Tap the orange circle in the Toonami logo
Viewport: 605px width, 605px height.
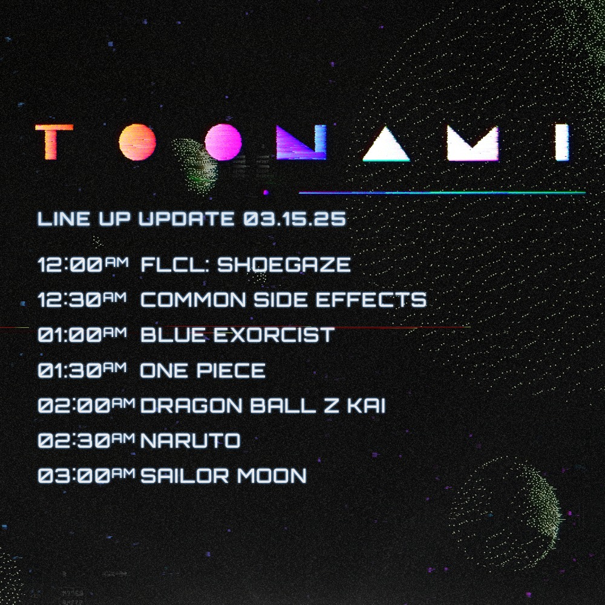[137, 142]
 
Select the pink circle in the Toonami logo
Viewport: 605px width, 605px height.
[223, 142]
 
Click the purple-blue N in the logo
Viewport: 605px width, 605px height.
[301, 142]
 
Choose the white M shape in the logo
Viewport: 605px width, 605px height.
[473, 143]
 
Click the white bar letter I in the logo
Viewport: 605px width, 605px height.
[562, 142]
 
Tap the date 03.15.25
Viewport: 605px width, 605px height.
[295, 219]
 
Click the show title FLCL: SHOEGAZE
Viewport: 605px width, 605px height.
[246, 265]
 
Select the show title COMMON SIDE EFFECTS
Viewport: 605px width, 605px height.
[284, 300]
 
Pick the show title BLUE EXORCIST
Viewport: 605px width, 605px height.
[237, 335]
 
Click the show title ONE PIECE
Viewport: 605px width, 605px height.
[203, 370]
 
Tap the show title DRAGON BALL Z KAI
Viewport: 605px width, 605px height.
[263, 405]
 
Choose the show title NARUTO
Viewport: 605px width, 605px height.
[191, 440]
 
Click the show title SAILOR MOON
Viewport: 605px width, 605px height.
[224, 476]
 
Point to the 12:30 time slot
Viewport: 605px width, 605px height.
[82, 299]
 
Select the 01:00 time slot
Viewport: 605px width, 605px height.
[82, 335]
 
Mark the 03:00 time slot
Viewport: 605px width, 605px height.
[87, 476]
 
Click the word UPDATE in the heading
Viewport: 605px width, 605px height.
[186, 219]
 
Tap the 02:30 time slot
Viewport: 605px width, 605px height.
[87, 440]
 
